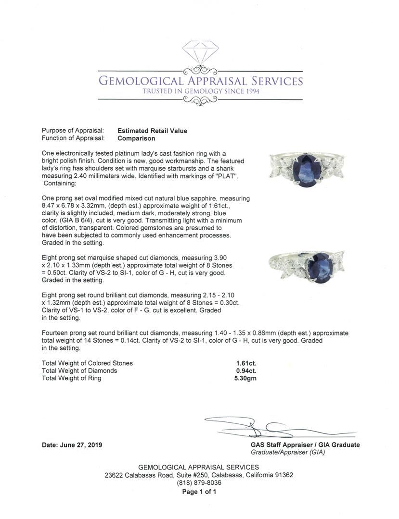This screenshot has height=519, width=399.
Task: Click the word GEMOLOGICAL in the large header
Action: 141,81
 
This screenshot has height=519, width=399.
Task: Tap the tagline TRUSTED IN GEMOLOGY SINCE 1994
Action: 200,91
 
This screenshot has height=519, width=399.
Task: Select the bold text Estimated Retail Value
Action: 153,131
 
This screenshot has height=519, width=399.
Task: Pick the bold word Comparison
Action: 136,138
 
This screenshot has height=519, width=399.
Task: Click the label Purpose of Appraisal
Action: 73,131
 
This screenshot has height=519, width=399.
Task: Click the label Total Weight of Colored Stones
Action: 87,363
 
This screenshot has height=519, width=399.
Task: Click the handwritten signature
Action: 260,427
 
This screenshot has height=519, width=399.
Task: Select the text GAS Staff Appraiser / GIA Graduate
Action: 305,445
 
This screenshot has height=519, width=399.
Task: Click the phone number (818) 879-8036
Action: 199,482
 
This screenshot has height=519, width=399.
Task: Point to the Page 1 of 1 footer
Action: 199,492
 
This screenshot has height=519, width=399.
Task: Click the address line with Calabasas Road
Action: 199,475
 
